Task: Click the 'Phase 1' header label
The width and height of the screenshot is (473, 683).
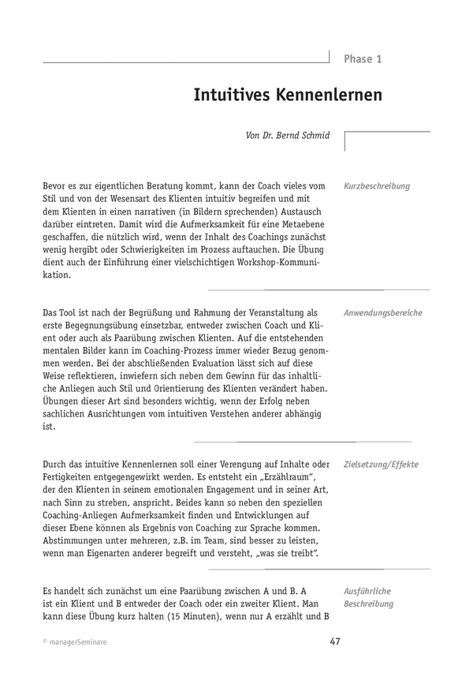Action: pos(363,59)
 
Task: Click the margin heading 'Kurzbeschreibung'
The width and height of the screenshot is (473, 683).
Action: pos(377,186)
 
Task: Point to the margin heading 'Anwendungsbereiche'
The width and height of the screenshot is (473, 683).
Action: pos(383,313)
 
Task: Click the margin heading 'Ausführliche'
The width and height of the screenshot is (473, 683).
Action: pos(367,590)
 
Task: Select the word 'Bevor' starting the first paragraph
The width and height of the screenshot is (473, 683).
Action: pos(56,186)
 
